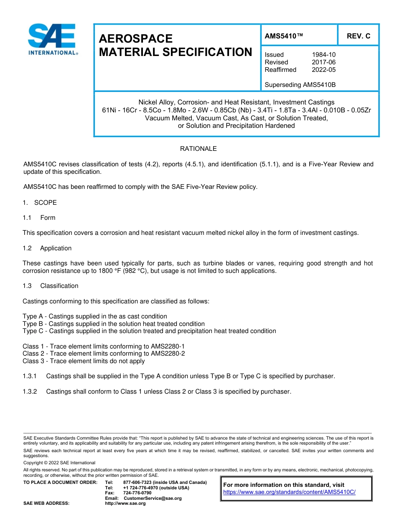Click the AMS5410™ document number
[284, 36]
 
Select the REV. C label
[358, 36]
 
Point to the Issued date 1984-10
[323, 55]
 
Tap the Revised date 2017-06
[323, 62]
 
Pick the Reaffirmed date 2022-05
[323, 70]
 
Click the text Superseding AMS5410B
[300, 85]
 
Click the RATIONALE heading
[198, 149]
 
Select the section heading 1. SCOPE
[40, 203]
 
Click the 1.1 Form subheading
[39, 218]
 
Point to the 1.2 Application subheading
[47, 248]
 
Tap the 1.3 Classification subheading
[50, 286]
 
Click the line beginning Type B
[113, 324]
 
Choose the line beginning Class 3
[84, 361]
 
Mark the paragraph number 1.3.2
[30, 392]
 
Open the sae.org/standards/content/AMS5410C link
[289, 492]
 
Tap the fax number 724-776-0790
[137, 493]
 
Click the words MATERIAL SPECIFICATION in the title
[176, 52]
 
